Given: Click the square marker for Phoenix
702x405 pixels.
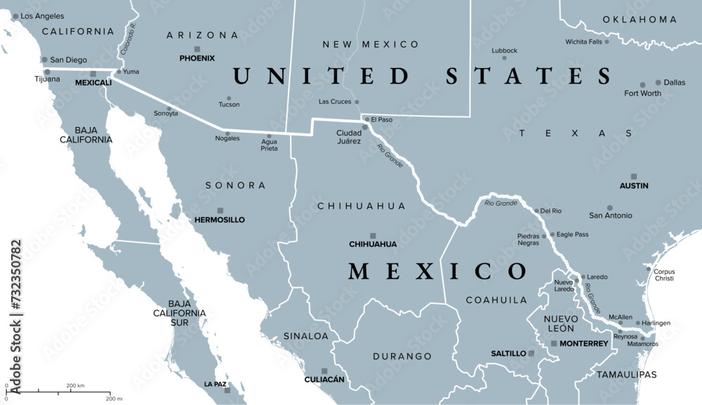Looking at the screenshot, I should point(197,49).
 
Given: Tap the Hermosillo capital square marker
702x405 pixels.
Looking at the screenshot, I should point(220,211).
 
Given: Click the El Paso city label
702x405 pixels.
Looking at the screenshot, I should point(382,120).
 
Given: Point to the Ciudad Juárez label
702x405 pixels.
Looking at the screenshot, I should point(349,137).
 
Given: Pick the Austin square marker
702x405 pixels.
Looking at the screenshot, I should point(634,177).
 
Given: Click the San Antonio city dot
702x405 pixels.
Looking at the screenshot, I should point(609,208).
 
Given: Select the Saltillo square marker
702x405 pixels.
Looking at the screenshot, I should point(531,353).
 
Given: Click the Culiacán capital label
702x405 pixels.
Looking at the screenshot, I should point(324,380).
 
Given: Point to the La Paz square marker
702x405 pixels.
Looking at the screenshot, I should point(227,390).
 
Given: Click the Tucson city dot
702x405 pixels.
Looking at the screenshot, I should point(229,98).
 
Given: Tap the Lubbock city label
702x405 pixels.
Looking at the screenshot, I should point(504,51).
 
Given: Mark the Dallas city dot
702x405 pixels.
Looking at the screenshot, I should point(658,82).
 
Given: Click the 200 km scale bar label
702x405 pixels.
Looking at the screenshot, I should point(75,385).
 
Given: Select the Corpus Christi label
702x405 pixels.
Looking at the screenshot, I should point(664,275).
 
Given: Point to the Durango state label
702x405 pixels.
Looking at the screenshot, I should point(402,357).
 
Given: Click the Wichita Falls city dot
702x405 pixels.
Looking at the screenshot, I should point(607,42).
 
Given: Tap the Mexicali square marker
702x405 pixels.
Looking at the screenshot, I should point(93,74).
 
